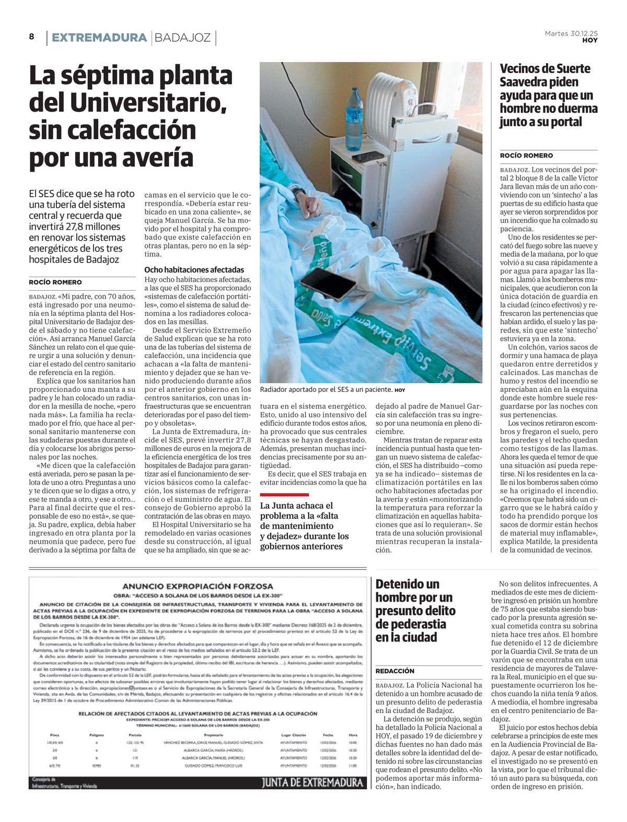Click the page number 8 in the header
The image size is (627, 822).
pos(31,37)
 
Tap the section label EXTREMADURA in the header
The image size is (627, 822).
pos(99,38)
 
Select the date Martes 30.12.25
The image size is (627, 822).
pos(571,33)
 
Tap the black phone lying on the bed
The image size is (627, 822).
pos(328,282)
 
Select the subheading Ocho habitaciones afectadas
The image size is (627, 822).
pos(194,270)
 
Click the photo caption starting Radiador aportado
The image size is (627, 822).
pos(326,389)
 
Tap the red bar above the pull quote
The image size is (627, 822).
pos(284,494)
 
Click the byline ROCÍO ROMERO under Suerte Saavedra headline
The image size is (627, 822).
pos(526,156)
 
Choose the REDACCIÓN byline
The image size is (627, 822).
pos(395,671)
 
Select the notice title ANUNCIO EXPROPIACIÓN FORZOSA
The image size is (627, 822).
pos(198,586)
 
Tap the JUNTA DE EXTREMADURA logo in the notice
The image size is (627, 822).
pos(312,782)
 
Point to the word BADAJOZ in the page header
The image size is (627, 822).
pos(183,38)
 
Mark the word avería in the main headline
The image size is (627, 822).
pos(160,158)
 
